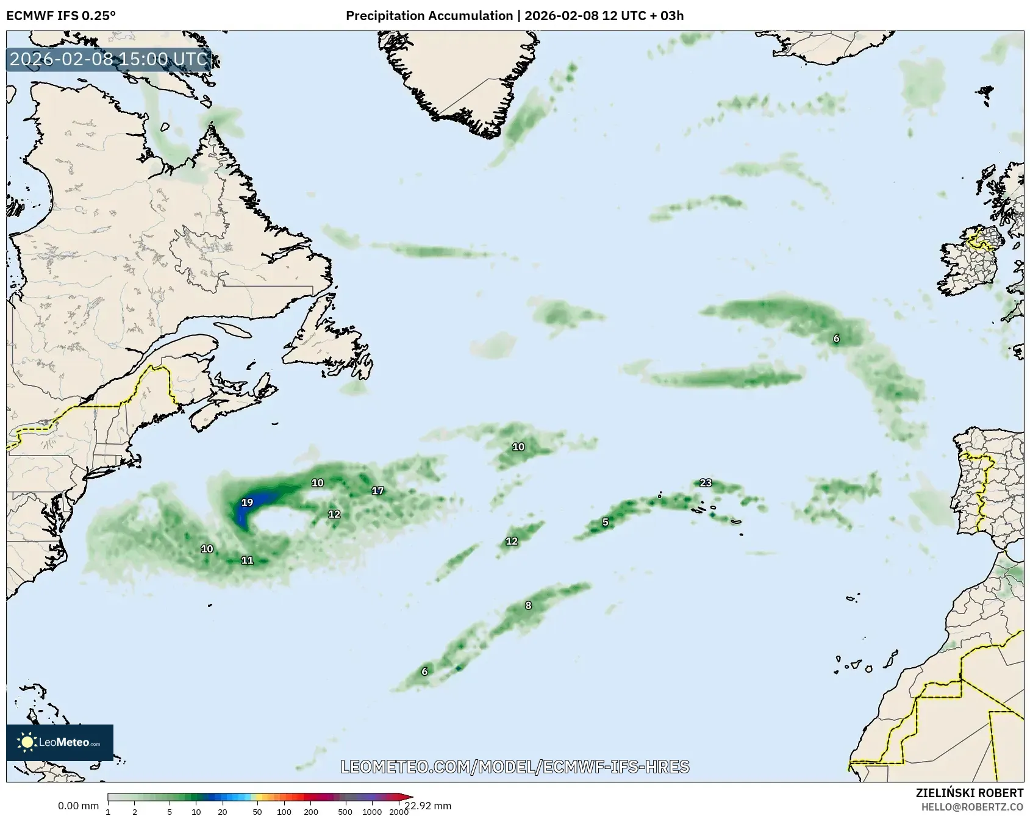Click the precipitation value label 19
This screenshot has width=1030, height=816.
(247, 503)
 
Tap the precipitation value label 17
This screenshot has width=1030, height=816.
(378, 490)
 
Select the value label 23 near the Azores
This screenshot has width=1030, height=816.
(706, 483)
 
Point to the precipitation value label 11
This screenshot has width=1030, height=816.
(247, 560)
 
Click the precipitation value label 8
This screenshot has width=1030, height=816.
(528, 606)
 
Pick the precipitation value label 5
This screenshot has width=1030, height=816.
(605, 522)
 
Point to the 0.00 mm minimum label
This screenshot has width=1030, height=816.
(78, 806)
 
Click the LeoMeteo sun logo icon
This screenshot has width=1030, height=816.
(27, 742)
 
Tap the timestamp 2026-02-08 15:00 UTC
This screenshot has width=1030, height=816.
(109, 59)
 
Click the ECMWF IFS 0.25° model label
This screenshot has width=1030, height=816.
(61, 16)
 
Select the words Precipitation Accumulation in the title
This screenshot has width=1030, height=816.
(429, 16)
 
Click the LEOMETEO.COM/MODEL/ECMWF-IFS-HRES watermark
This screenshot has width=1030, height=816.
(515, 767)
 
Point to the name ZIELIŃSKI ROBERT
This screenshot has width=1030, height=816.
(970, 793)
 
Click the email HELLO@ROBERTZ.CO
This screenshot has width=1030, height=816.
(972, 806)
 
